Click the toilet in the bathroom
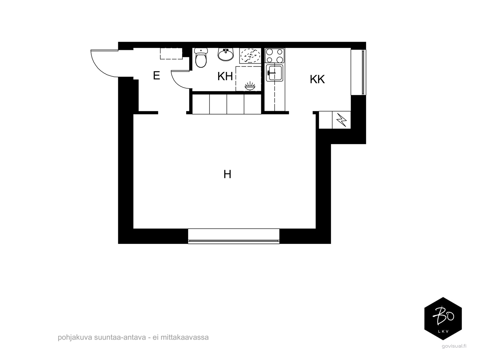pyautogui.click(x=201, y=58)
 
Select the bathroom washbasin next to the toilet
pyautogui.click(x=226, y=54)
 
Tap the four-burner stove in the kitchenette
pyautogui.click(x=275, y=56)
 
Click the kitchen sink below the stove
pyautogui.click(x=274, y=73)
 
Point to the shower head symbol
pyautogui.click(x=250, y=86)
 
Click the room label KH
pyautogui.click(x=225, y=76)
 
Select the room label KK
pyautogui.click(x=317, y=79)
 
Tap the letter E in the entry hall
pyautogui.click(x=157, y=76)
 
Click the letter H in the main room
pyautogui.click(x=227, y=174)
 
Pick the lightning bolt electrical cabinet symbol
pyautogui.click(x=341, y=120)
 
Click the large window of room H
pyautogui.click(x=234, y=236)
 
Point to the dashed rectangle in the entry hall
pyautogui.click(x=171, y=54)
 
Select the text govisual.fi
pyautogui.click(x=454, y=346)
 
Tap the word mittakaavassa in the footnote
pyautogui.click(x=184, y=337)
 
